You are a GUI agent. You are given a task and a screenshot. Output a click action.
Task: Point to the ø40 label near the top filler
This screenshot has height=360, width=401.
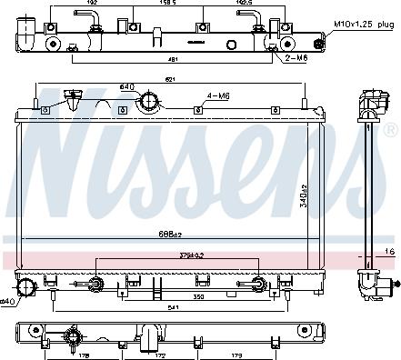(126, 87)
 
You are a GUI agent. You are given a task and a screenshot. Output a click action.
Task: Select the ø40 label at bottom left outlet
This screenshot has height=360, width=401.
(6, 299)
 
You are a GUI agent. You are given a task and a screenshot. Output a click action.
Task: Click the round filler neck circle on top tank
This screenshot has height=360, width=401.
(146, 105)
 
